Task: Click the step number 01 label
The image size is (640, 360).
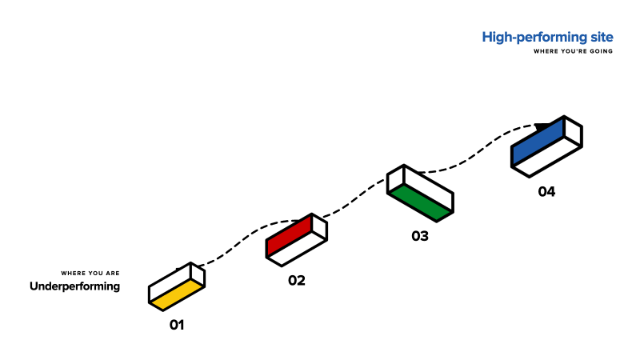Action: pyautogui.click(x=177, y=325)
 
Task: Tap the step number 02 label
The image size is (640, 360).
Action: pyautogui.click(x=297, y=280)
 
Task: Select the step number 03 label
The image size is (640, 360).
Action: pyautogui.click(x=420, y=236)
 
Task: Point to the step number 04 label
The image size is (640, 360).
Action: pyautogui.click(x=547, y=191)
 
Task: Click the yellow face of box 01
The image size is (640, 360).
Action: pyautogui.click(x=176, y=294)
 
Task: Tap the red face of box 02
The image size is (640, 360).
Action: pyautogui.click(x=289, y=236)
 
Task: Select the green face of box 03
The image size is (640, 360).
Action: pyautogui.click(x=420, y=202)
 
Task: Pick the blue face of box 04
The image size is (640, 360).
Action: pyautogui.click(x=538, y=142)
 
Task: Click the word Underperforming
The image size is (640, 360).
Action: pyautogui.click(x=75, y=287)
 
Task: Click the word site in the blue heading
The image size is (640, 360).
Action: pyautogui.click(x=602, y=37)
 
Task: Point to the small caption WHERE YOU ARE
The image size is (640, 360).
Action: pyautogui.click(x=90, y=273)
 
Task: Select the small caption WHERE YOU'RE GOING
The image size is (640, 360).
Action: pyautogui.click(x=573, y=51)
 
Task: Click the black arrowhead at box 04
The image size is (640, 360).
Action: pyautogui.click(x=544, y=127)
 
